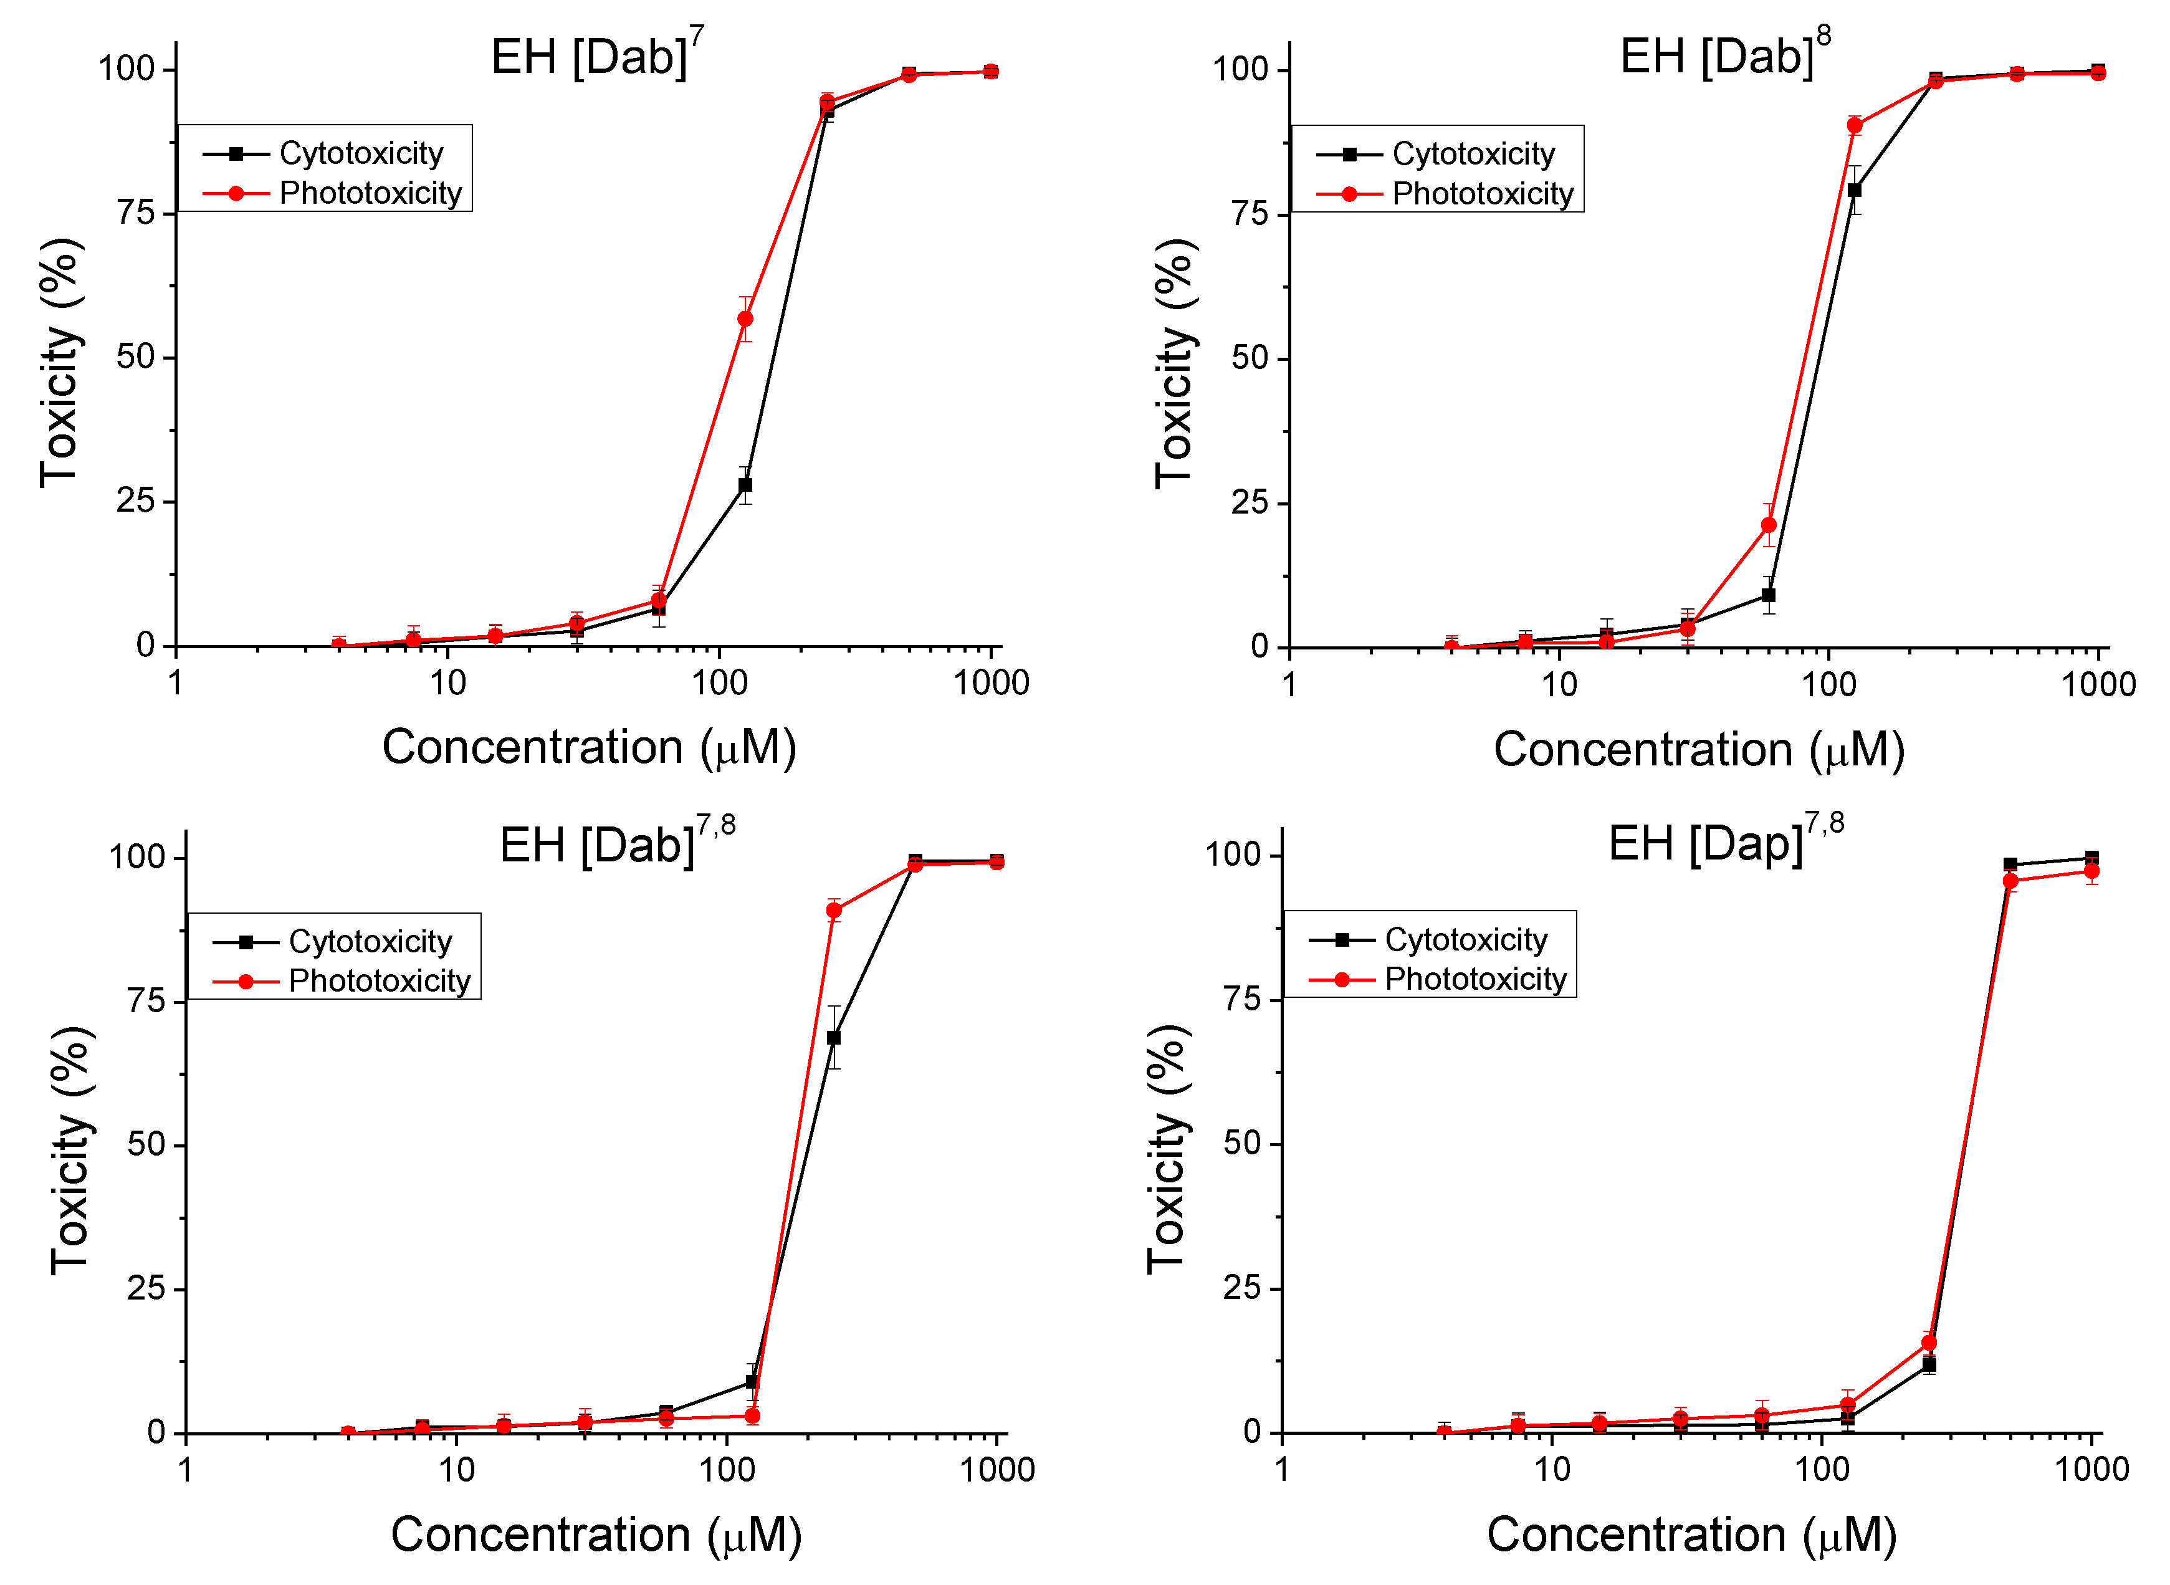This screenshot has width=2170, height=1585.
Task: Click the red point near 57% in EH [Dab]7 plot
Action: (x=745, y=318)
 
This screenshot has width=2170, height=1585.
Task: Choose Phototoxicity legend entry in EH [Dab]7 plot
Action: (x=370, y=193)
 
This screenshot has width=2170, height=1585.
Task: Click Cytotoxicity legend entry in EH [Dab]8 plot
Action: (x=1473, y=153)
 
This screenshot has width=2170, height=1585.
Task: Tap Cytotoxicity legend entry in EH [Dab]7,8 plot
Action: (x=370, y=941)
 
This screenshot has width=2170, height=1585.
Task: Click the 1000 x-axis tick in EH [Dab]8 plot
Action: (x=2098, y=684)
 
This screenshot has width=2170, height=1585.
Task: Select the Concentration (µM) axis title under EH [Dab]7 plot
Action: (x=589, y=747)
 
